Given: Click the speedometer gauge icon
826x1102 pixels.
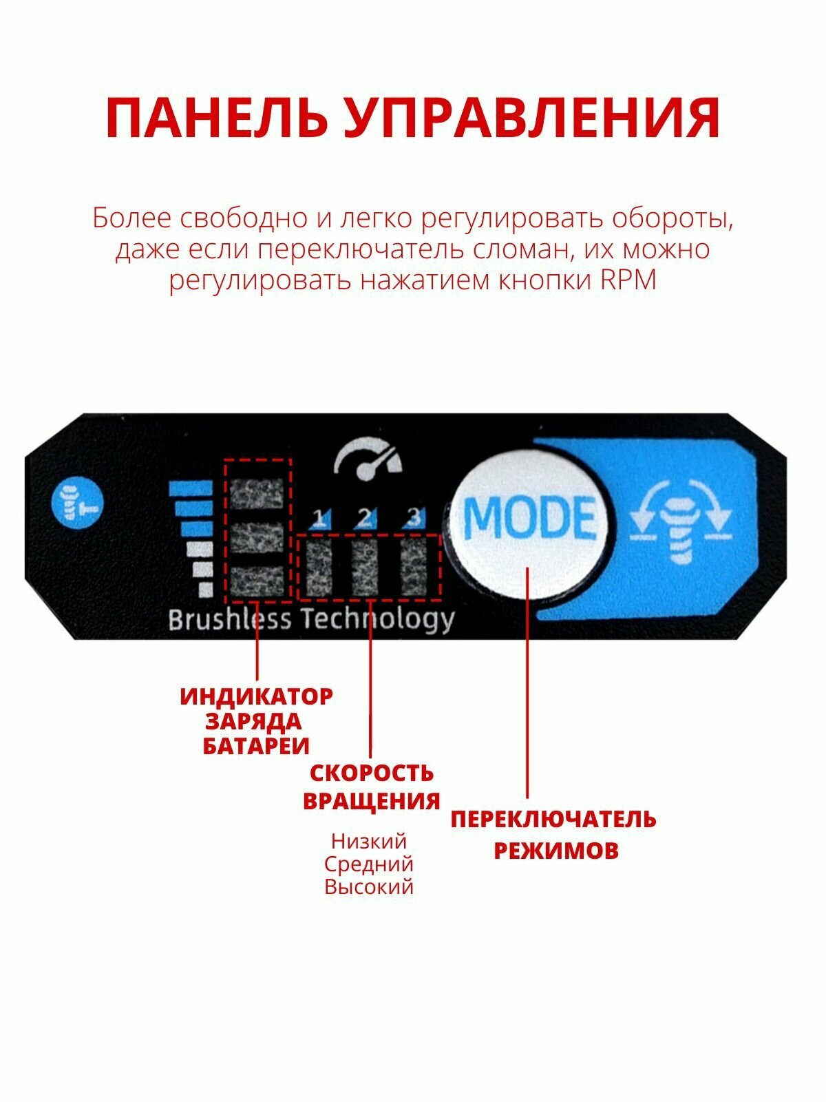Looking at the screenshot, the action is point(368,460).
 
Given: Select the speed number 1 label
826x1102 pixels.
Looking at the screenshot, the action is point(319,517).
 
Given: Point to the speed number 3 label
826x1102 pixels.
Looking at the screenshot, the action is point(414,517).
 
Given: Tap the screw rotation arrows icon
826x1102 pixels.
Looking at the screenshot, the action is point(681,521).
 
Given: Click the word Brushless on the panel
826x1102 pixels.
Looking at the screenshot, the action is point(230,620).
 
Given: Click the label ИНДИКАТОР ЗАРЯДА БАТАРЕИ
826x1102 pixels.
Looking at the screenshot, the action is point(256,721).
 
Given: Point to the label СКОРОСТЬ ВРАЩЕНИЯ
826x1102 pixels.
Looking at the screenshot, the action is point(372,787).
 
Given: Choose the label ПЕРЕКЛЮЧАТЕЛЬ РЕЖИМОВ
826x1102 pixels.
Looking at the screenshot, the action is point(554,834).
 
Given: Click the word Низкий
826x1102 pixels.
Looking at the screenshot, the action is point(369,841).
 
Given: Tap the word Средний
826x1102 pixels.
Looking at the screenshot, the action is point(369,864).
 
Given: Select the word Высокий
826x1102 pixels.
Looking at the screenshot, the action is point(369,886).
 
